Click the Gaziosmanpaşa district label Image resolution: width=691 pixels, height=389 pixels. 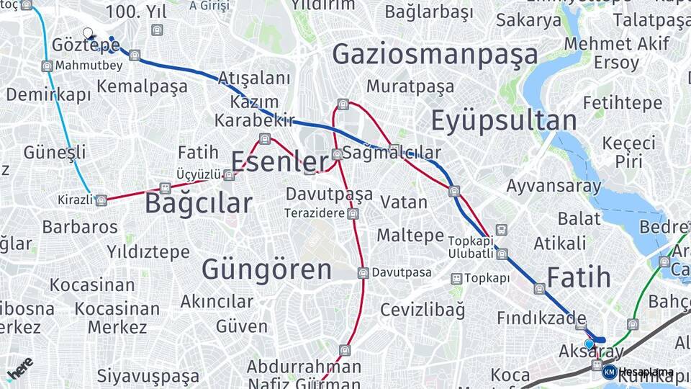coord(435,55)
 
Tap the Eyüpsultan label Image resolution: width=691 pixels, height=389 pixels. coord(504,121)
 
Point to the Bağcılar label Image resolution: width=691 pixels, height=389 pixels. coord(198,203)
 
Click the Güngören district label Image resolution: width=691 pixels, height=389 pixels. coord(266,270)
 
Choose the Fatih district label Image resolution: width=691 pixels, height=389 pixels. coord(579,277)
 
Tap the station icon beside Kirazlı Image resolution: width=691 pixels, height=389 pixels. coord(101,200)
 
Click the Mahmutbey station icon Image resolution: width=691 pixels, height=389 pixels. coord(48,66)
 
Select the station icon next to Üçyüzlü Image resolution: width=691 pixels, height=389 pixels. coord(229,174)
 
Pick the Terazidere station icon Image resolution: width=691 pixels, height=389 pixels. coord(352,214)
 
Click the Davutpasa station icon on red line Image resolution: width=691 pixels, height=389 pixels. coord(363,272)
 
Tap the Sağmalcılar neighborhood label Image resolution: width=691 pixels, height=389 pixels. coord(392,153)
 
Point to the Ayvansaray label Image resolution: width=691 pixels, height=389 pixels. coord(554,186)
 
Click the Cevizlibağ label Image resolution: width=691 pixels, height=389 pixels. coord(422,310)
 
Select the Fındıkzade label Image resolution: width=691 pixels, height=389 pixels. coord(541,318)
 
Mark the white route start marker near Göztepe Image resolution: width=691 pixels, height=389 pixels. coord(88,33)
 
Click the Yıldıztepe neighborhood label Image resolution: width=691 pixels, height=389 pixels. coord(148,252)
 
